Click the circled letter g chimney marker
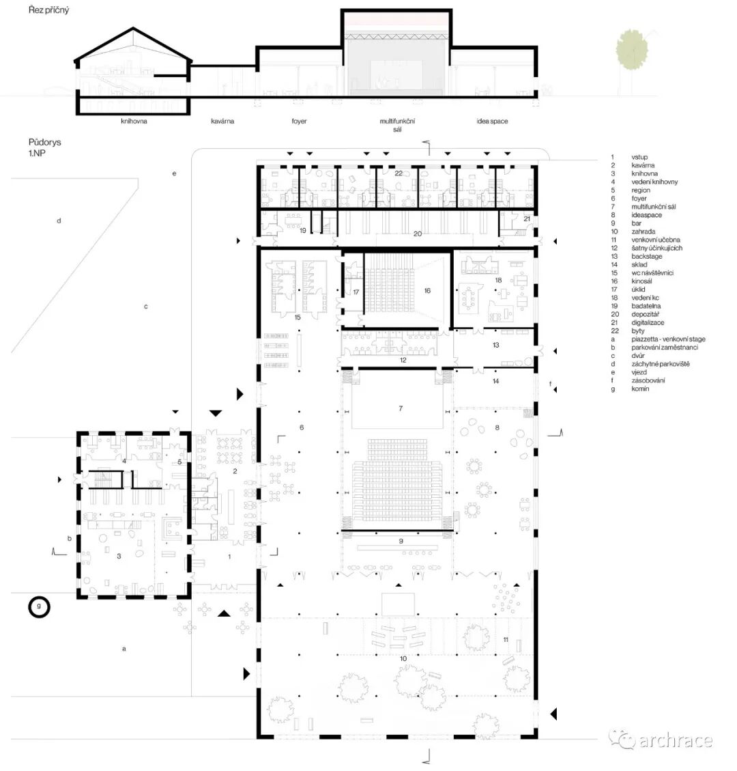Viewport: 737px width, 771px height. point(39,607)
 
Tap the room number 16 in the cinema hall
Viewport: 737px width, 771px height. point(427,291)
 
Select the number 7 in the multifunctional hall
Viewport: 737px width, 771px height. point(401,408)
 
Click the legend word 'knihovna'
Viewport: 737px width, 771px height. point(644,173)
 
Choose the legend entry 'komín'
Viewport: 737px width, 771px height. point(640,389)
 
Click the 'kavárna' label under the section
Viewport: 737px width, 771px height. point(222,121)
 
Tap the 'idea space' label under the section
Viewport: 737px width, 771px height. point(492,121)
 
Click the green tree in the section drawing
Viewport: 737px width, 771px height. point(632,50)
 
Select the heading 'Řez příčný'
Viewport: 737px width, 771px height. point(48,10)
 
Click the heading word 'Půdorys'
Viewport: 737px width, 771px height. point(45,142)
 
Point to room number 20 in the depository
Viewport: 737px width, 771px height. point(417,234)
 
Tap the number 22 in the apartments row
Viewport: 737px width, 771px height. point(399,173)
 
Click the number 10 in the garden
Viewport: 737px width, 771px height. point(403,658)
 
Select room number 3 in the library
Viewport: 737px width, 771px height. point(119,556)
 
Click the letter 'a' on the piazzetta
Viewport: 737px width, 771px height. point(124,649)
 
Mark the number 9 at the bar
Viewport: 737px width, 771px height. point(401,541)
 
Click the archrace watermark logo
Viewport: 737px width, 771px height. point(661,740)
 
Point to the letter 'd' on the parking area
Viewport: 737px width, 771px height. point(59,221)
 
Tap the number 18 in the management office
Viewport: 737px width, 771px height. point(498,280)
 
